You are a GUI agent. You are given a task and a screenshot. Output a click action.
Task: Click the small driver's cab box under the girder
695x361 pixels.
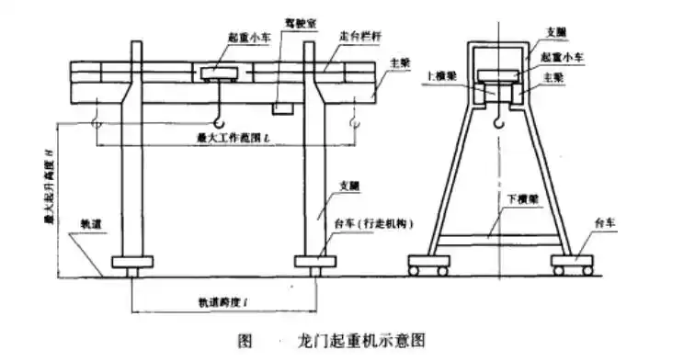pos(282,107)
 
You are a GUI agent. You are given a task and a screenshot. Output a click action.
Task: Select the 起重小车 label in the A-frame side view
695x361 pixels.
pos(571,56)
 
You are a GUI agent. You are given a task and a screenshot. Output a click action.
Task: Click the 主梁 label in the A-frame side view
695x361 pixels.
pos(561,78)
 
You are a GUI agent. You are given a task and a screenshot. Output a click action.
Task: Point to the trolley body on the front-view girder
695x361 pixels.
pos(218,71)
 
